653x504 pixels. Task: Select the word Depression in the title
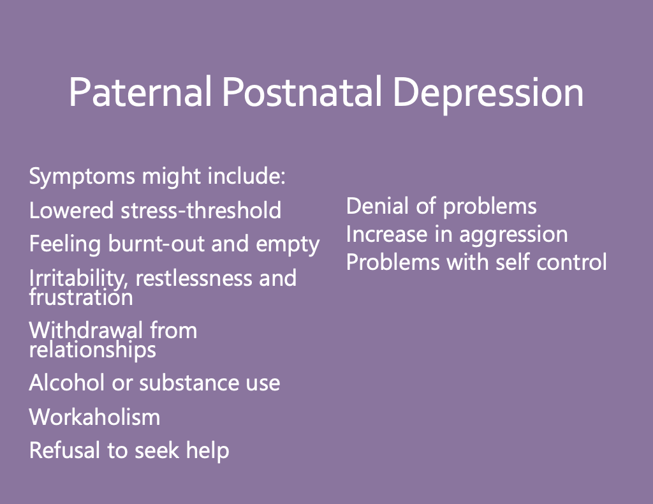point(488,94)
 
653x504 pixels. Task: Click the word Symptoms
point(82,177)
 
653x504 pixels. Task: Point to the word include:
point(247,175)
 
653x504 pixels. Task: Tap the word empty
point(288,245)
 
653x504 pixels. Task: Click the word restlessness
point(194,278)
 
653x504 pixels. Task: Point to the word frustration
point(81,297)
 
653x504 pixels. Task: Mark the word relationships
point(92,350)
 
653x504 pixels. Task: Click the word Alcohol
point(66,382)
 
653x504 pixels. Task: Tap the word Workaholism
point(94,417)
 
